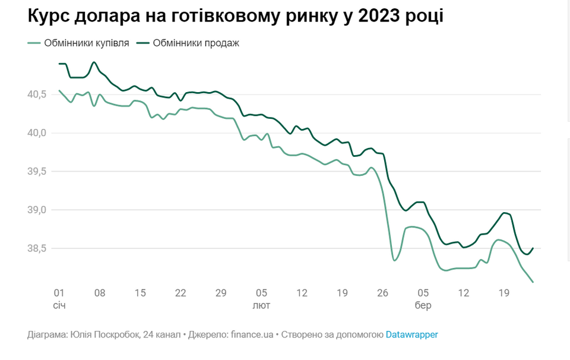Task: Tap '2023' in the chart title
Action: (378, 17)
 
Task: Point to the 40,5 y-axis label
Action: (37, 94)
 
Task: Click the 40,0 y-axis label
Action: (37, 133)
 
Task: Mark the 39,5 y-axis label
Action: (37, 172)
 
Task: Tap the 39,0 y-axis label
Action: (37, 210)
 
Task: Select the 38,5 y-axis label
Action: (37, 248)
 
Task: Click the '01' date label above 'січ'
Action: (59, 293)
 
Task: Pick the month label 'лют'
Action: (261, 305)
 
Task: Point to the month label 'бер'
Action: (423, 305)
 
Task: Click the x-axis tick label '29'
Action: (221, 293)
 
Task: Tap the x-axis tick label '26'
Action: (382, 293)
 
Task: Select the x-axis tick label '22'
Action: (180, 293)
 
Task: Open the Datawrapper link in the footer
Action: (411, 334)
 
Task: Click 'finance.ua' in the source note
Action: (251, 334)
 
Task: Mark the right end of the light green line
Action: (533, 282)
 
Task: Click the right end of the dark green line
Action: (533, 248)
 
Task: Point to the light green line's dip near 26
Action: (394, 260)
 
